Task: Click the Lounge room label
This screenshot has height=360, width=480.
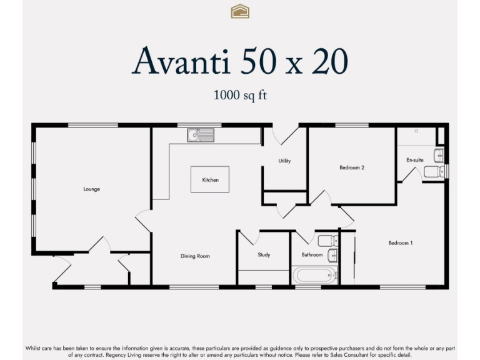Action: click(92, 189)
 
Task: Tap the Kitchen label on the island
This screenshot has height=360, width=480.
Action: click(210, 180)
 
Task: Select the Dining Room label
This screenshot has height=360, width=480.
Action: click(195, 256)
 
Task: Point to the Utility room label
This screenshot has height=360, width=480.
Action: click(284, 161)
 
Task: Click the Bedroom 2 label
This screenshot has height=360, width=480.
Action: click(352, 167)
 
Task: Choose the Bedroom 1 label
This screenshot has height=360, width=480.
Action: click(400, 243)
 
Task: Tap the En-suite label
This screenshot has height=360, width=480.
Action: click(415, 160)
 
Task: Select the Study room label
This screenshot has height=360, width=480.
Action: click(264, 255)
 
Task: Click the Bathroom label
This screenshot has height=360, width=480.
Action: click(312, 255)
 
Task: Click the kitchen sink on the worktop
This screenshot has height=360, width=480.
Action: click(200, 134)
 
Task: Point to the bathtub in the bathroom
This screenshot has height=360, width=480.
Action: click(315, 275)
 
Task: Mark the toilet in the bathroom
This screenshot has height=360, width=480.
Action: click(326, 241)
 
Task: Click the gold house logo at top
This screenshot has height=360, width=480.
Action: click(240, 11)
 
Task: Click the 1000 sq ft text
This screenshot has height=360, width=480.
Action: click(241, 96)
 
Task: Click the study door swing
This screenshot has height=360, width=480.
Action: click(248, 237)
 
